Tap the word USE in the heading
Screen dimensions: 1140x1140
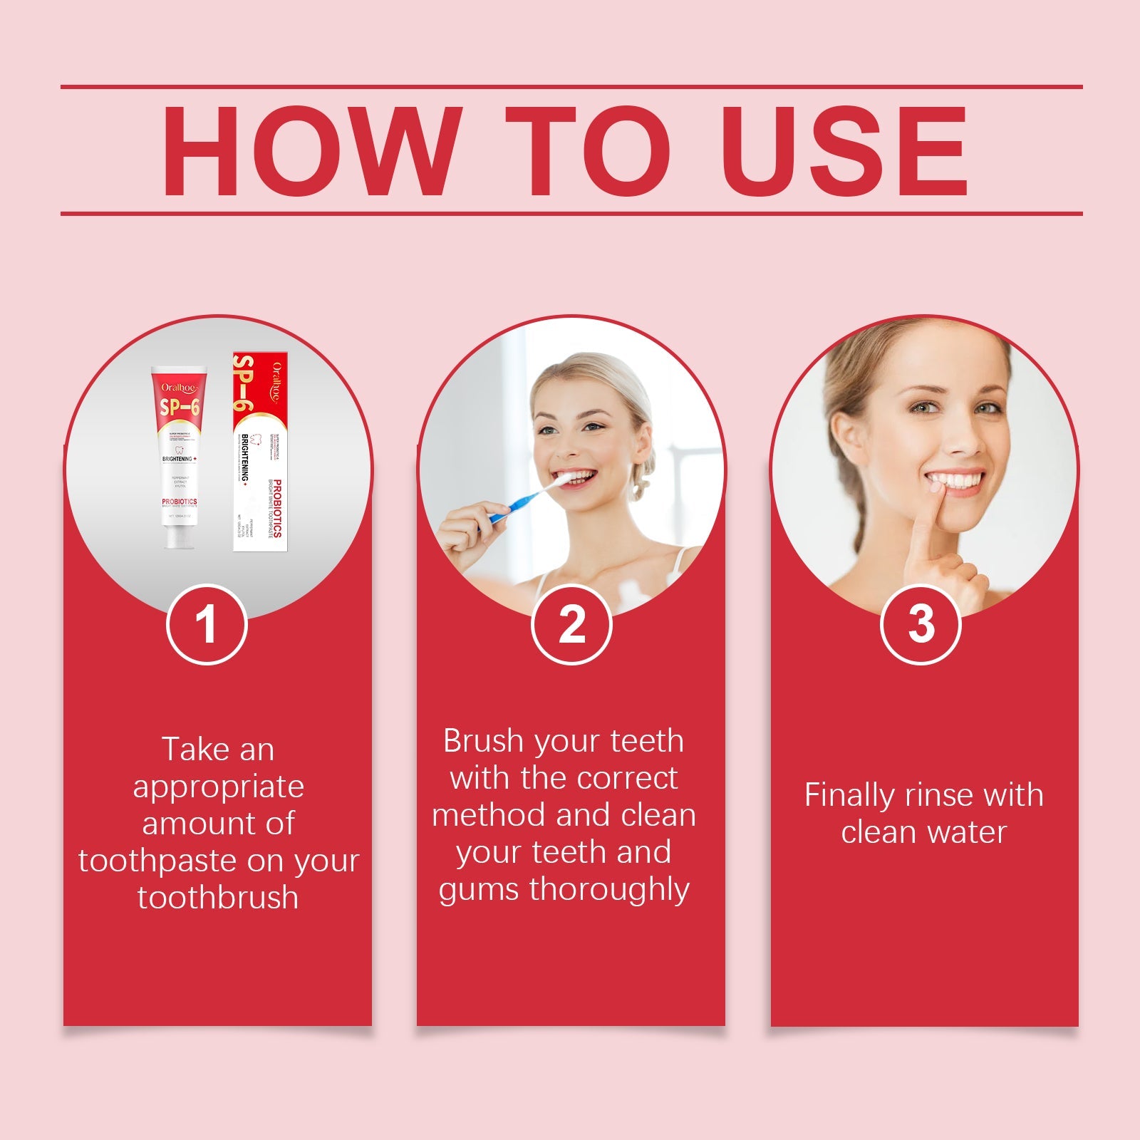(844, 151)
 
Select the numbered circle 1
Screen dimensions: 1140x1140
(207, 624)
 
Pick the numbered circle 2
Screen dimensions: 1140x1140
(571, 624)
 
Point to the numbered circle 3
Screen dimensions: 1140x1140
(921, 624)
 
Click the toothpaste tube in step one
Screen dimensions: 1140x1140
(179, 456)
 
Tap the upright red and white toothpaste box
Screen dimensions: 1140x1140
(259, 450)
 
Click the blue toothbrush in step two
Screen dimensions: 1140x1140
(524, 502)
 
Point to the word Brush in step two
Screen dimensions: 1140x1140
(484, 742)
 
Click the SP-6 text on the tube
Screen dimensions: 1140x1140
(180, 408)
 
